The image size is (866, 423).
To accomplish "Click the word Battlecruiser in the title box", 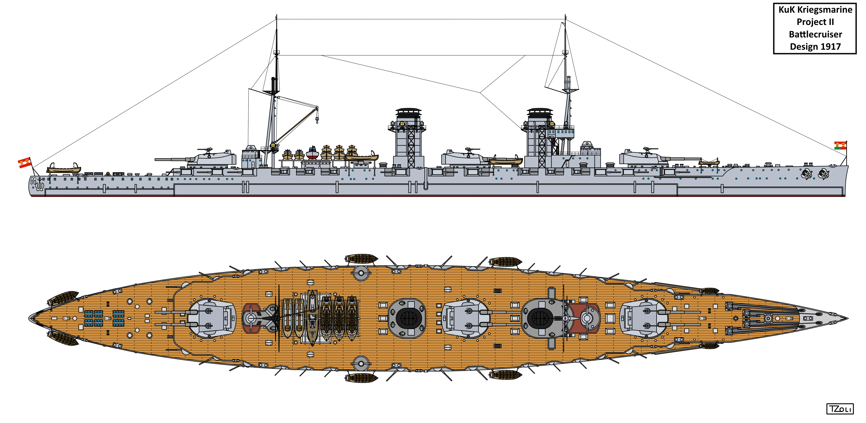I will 815,34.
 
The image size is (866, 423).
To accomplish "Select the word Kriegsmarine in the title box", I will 824,10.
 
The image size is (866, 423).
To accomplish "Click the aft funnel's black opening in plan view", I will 408,318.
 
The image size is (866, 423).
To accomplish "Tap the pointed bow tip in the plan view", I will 847,318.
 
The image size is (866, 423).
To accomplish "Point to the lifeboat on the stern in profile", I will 64,168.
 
